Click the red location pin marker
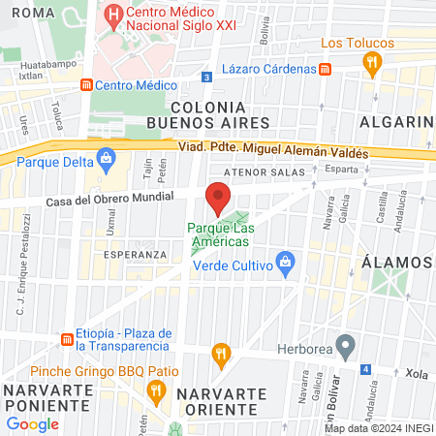[218, 198]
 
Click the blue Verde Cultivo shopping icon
[285, 262]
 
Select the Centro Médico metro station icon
[85, 84]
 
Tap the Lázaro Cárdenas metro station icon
[326, 69]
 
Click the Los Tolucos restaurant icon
[370, 63]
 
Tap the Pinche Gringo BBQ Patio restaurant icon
[155, 389]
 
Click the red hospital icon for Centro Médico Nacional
[114, 16]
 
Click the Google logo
[32, 423]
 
